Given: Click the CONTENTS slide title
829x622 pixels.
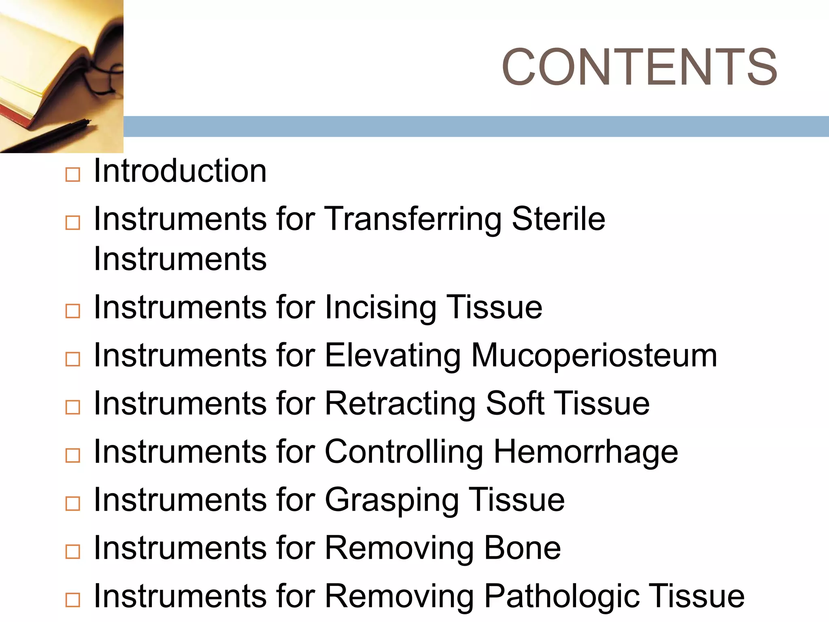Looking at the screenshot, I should point(639,67).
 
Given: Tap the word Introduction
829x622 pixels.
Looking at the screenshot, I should point(180,171).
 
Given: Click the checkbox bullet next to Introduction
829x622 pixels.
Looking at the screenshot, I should point(73,175).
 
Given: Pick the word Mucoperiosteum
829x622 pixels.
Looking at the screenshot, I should point(594,356).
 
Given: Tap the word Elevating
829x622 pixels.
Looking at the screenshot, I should point(393,356).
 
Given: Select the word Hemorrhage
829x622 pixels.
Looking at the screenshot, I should point(586,452).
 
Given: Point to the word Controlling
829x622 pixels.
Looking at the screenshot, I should point(404,452).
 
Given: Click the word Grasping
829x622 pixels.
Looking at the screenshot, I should point(392,500).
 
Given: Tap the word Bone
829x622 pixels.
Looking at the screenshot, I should point(523,548).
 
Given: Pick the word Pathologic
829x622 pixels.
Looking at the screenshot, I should point(562,596).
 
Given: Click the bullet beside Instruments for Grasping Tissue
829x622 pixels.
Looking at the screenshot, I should point(73,504).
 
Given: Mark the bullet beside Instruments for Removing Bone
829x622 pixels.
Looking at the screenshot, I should point(73,552).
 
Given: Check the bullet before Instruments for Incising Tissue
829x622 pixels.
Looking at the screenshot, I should point(73,311).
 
